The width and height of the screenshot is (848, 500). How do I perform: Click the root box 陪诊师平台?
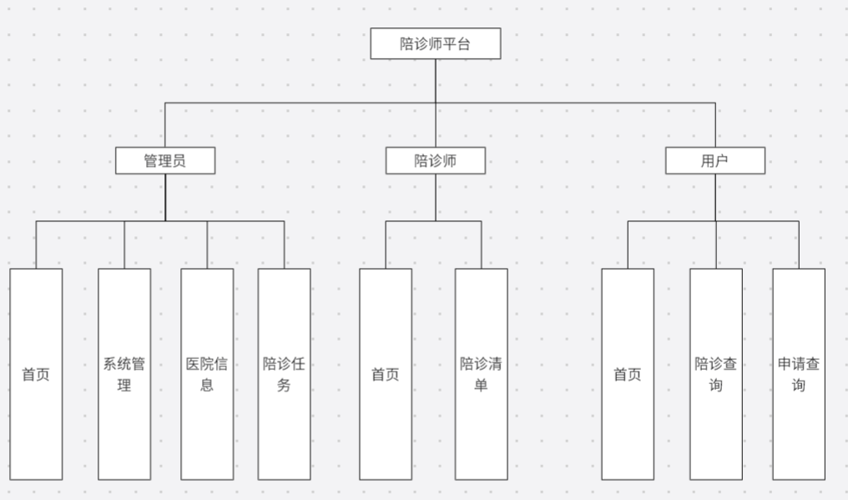click(435, 43)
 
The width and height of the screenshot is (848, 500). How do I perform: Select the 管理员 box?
click(165, 160)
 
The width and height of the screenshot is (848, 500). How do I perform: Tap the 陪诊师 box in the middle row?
click(435, 160)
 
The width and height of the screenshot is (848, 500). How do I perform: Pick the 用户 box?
click(714, 160)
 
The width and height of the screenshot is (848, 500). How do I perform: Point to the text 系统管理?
click(124, 375)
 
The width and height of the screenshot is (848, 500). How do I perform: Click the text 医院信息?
click(208, 375)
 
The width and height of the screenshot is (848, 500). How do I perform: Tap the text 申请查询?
click(799, 375)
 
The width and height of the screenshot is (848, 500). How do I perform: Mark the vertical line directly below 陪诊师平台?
click(435, 81)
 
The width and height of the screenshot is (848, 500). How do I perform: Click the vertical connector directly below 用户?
click(715, 197)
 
